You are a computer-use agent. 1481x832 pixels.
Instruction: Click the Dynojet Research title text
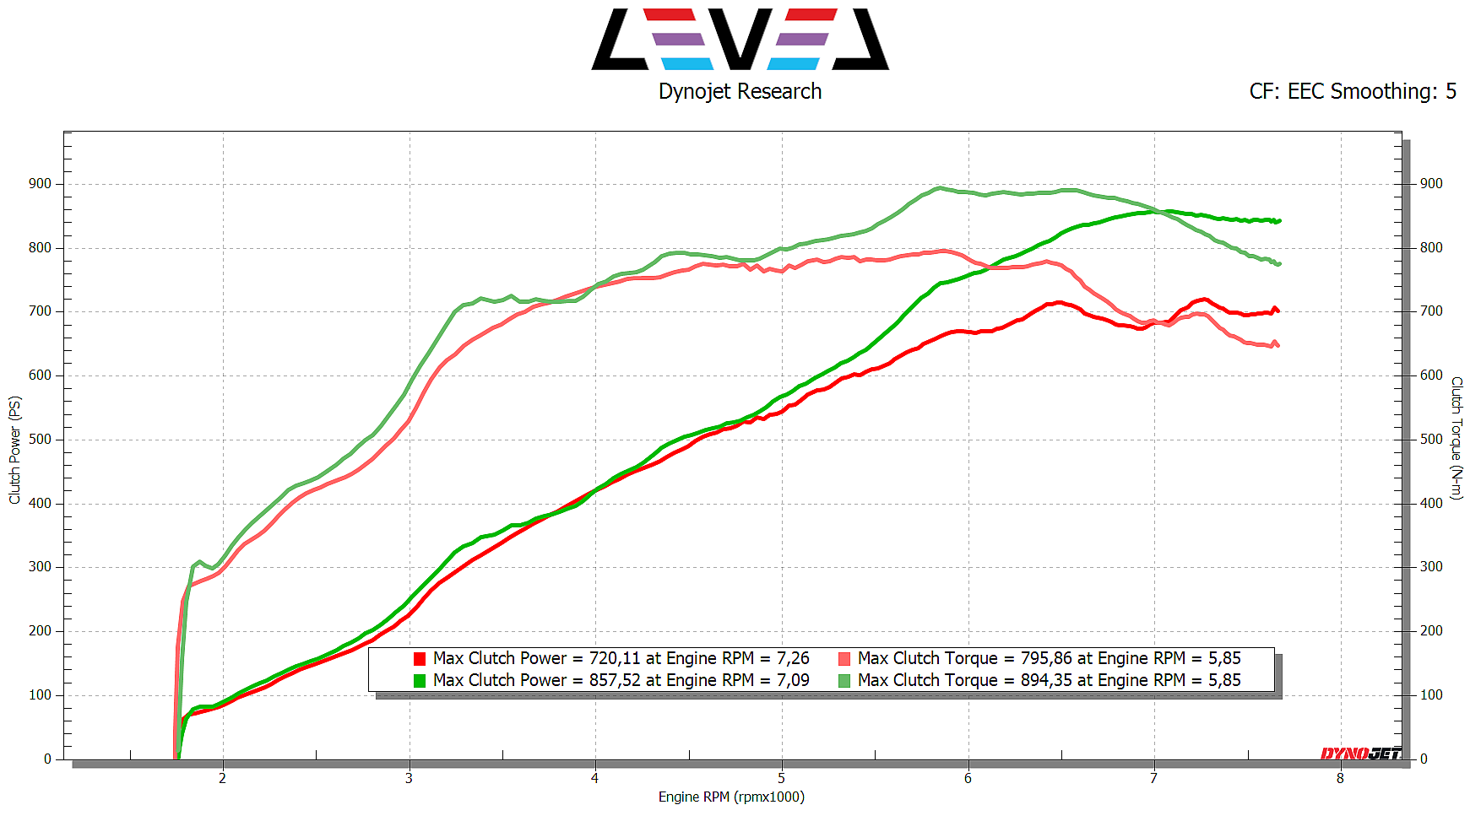740,91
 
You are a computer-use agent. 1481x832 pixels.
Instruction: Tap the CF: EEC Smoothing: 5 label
1353,91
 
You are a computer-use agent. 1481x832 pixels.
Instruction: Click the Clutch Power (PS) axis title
14,450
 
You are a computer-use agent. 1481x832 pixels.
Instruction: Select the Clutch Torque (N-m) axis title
1457,438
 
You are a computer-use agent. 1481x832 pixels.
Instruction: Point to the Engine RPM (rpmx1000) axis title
731,797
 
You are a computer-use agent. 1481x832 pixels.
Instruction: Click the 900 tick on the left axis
40,183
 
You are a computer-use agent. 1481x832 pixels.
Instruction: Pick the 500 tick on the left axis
40,439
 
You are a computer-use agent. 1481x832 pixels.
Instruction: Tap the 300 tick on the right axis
1431,566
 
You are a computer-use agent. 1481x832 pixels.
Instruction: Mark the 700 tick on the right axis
1431,311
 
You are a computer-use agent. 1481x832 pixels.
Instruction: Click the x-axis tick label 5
781,778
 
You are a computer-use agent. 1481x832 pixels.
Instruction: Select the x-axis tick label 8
1340,778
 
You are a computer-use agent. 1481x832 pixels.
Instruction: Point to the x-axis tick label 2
223,778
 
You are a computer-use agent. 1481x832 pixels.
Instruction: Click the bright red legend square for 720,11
420,659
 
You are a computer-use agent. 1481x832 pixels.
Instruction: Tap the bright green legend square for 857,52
420,680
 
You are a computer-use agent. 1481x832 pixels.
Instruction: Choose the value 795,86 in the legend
1046,658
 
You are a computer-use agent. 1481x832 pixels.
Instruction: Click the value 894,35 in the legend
1046,680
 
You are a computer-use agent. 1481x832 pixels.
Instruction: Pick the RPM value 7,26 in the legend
793,658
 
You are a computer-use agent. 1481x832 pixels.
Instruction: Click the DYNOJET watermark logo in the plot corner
1360,754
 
